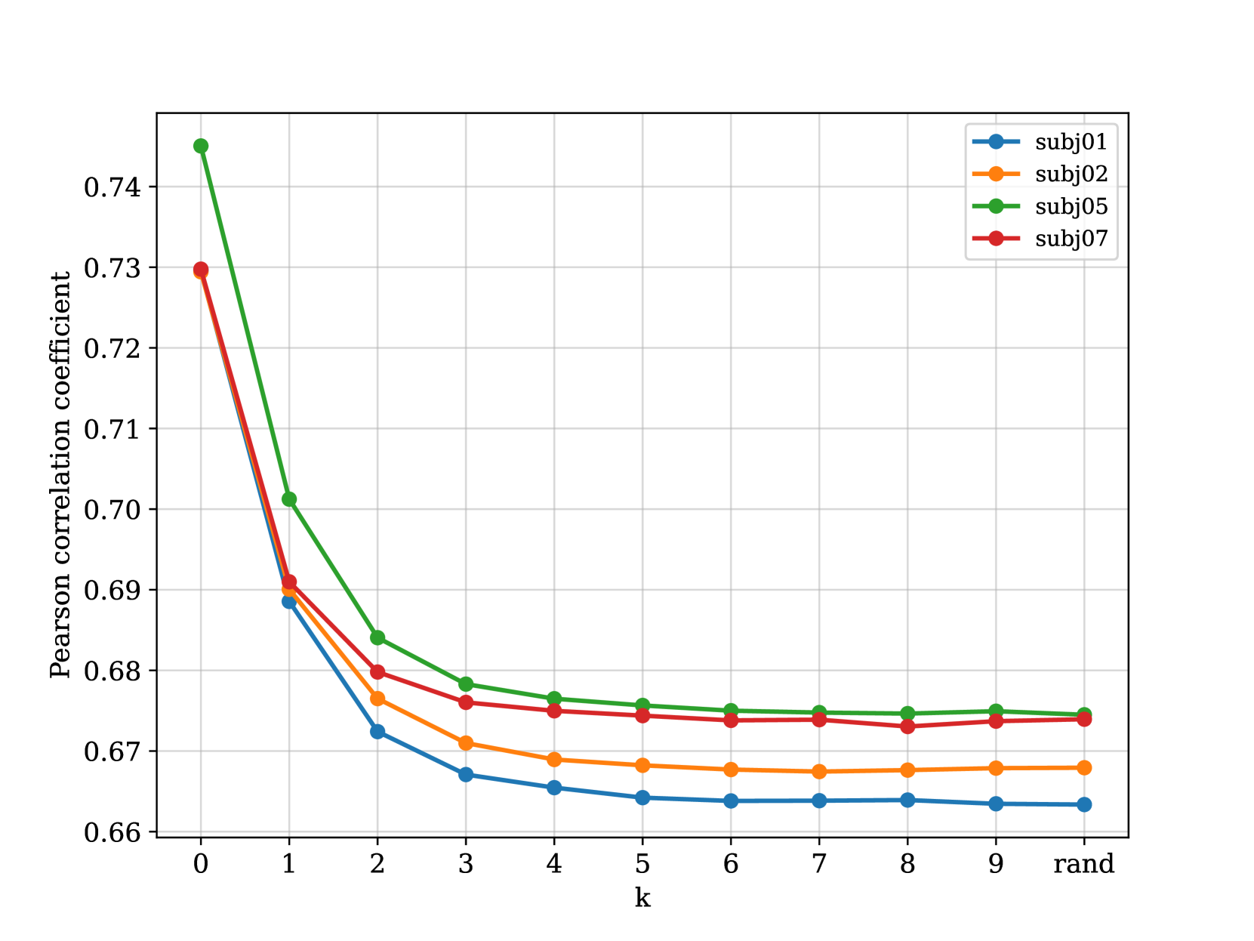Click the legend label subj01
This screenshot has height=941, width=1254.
(x=1071, y=142)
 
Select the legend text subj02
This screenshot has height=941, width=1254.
(x=1071, y=174)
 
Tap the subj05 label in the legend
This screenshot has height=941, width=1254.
(x=1071, y=207)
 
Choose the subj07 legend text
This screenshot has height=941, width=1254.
(x=1071, y=239)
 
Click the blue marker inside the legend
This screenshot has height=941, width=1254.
(x=996, y=141)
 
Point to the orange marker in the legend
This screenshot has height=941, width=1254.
(x=996, y=174)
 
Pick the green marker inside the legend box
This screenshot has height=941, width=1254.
(x=996, y=206)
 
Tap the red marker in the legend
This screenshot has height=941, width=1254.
(x=996, y=238)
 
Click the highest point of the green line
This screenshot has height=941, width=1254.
(x=201, y=146)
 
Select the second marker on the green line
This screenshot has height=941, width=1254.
(x=289, y=499)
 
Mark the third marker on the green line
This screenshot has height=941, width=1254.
(x=377, y=638)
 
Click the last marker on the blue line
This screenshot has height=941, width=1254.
(x=1084, y=804)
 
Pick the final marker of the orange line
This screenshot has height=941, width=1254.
(x=1084, y=767)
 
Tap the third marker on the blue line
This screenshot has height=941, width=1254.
(x=377, y=731)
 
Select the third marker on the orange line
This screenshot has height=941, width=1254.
(x=377, y=699)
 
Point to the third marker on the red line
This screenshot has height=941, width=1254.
(x=377, y=671)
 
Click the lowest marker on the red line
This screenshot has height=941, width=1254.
(x=907, y=727)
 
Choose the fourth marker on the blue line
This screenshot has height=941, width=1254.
(x=466, y=774)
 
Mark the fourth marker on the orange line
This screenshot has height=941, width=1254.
(x=466, y=743)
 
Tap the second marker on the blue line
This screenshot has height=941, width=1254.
(x=289, y=601)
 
